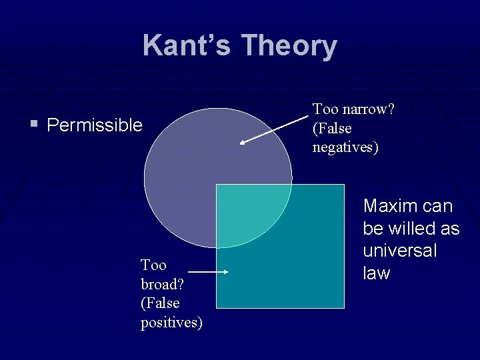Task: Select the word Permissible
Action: [95, 125]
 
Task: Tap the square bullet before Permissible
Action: [33, 124]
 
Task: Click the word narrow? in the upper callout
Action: [367, 109]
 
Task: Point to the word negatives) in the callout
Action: [345, 147]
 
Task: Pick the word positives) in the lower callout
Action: [171, 323]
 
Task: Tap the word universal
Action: [400, 251]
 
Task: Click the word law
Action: [377, 273]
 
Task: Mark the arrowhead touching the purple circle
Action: [243, 141]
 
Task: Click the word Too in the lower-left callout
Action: [153, 265]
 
